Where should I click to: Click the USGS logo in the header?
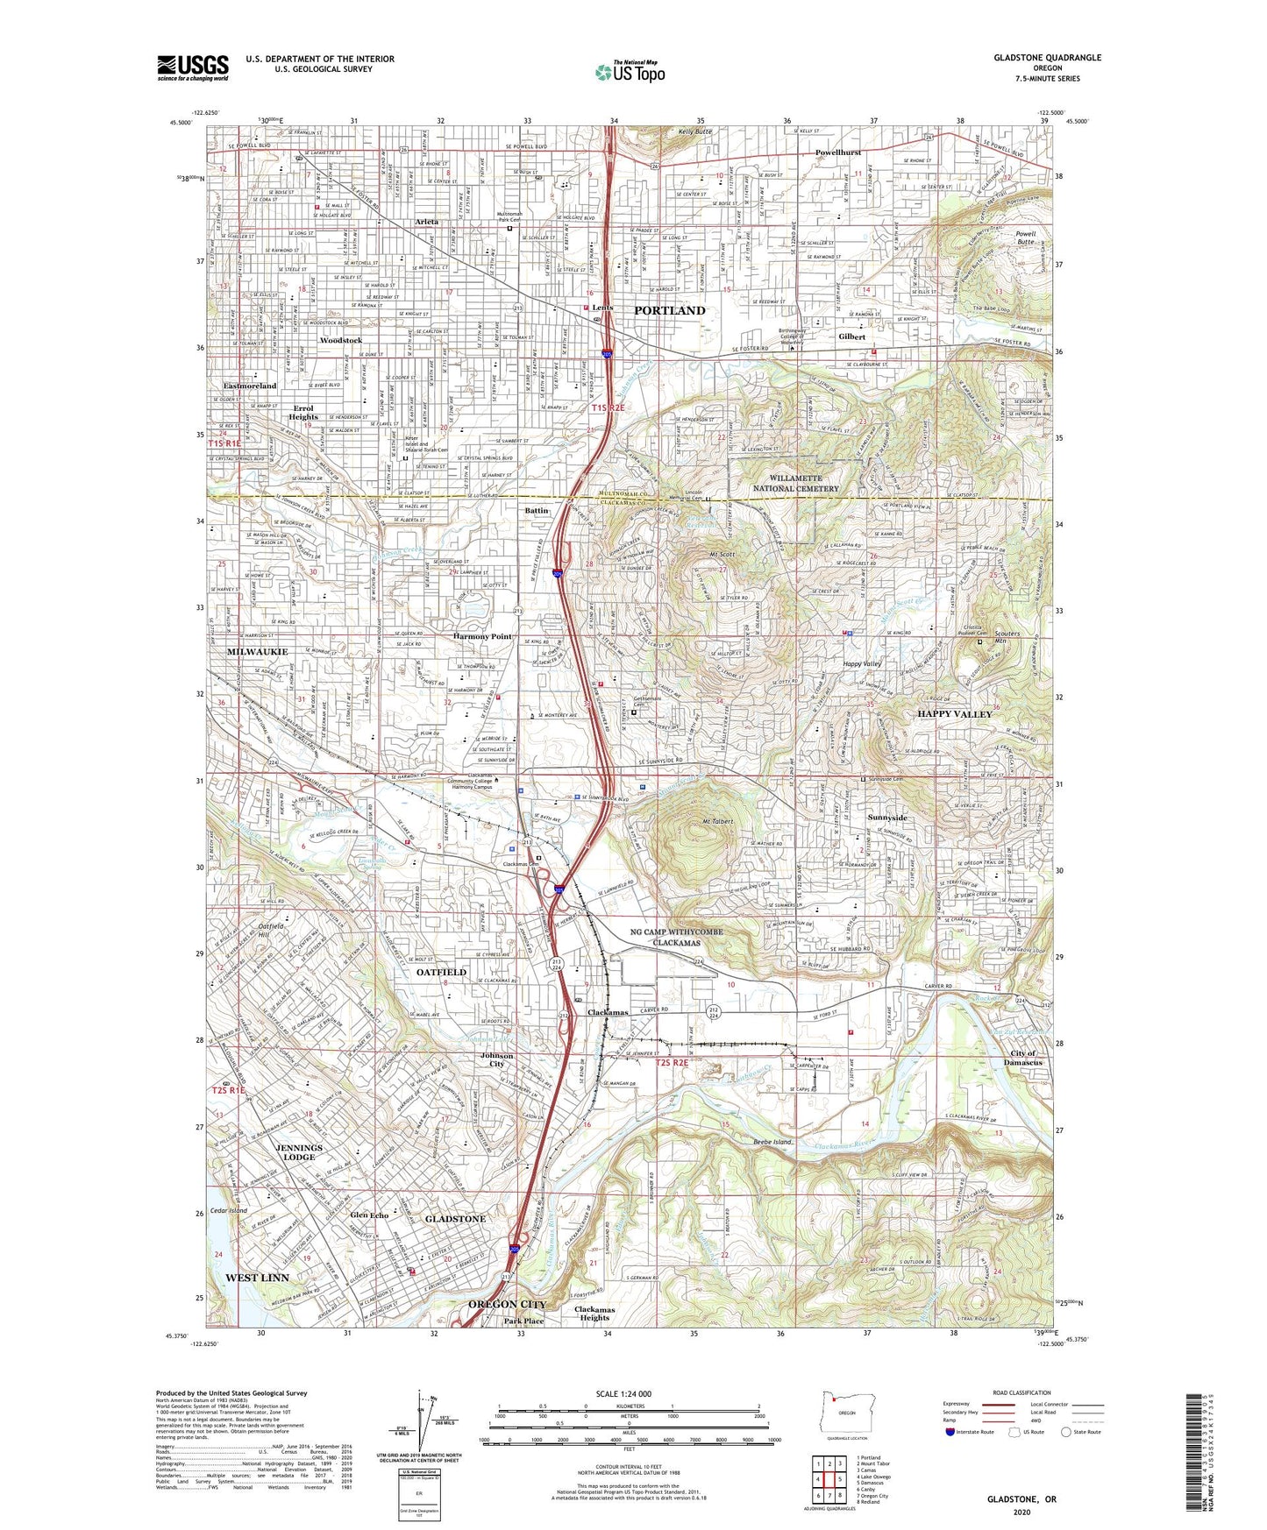click(x=193, y=67)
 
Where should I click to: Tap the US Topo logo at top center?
click(x=629, y=72)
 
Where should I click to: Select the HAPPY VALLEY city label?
click(x=955, y=714)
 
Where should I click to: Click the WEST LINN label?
click(x=257, y=1278)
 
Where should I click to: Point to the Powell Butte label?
click(x=1026, y=239)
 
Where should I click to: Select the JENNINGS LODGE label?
click(x=299, y=1151)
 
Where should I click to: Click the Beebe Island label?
click(x=772, y=1143)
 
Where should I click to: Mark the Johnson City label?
click(x=496, y=1060)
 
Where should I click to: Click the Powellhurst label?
click(x=837, y=152)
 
